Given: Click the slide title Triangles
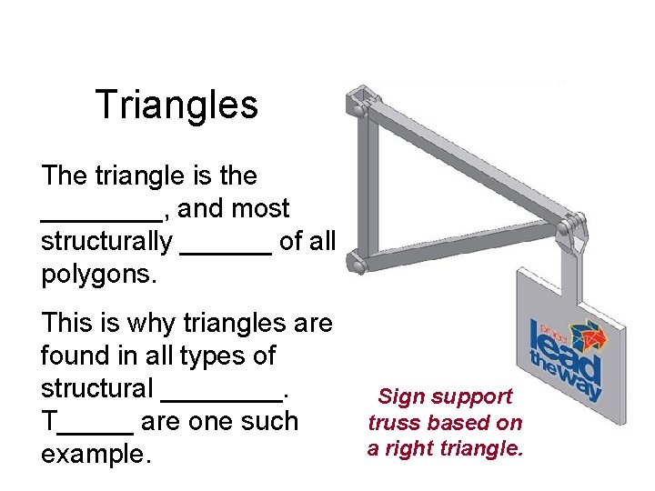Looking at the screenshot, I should [176, 105].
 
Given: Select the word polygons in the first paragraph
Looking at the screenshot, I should [98, 275].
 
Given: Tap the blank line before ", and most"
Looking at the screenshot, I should [101, 215].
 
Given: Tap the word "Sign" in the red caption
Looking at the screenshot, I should [399, 396].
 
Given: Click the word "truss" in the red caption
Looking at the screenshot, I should [393, 422].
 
